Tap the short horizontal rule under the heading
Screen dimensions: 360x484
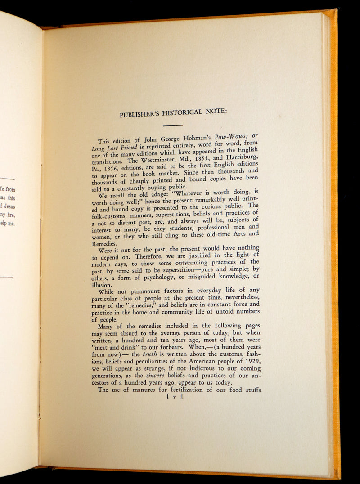173,125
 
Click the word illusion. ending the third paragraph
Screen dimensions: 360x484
102,285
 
